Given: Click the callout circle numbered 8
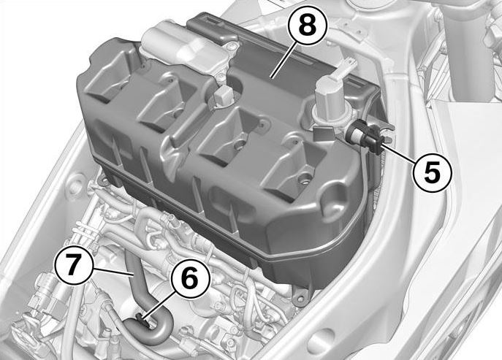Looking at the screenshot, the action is [308, 26].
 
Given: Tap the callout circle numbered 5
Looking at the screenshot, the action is [432, 173].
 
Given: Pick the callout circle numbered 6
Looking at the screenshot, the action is [190, 278].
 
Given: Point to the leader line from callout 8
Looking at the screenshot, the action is [283, 60].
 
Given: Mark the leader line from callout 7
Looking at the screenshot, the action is [113, 272].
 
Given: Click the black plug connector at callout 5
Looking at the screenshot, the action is [365, 135].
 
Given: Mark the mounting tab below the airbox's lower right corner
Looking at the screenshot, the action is [302, 296].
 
